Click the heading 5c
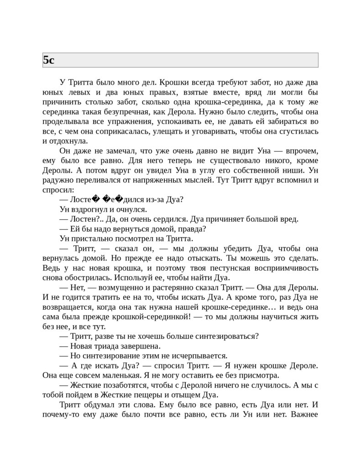[x=49, y=60]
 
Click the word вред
[x=289, y=219]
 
